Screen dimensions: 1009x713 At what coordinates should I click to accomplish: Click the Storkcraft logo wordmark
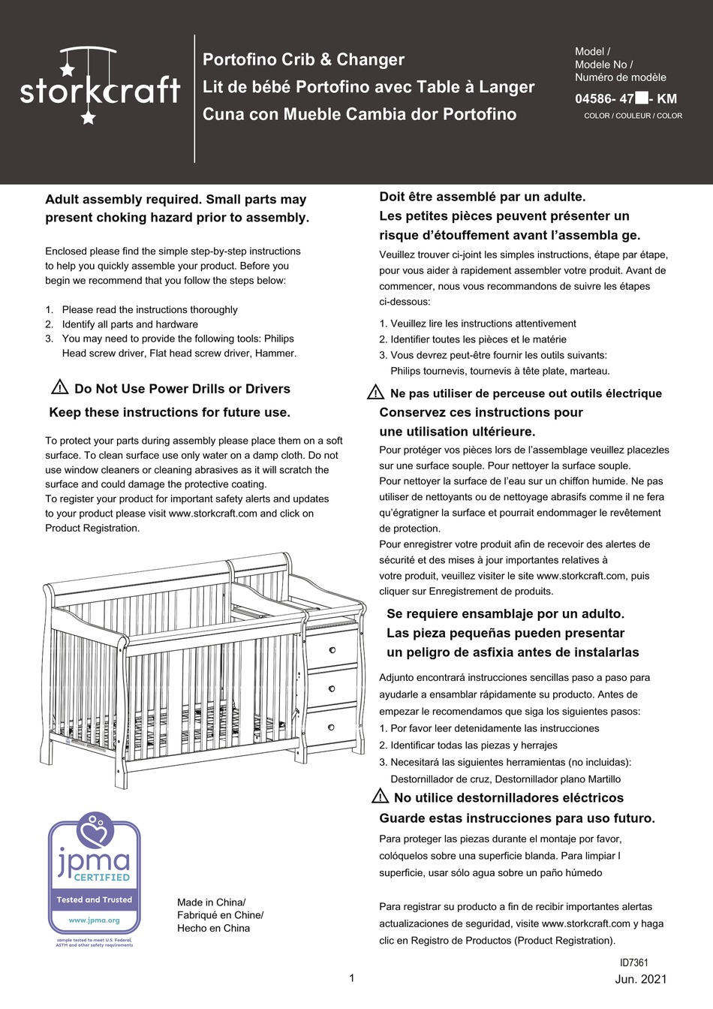pyautogui.click(x=100, y=91)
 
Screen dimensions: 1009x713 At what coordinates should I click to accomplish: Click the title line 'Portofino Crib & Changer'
pyautogui.click(x=303, y=60)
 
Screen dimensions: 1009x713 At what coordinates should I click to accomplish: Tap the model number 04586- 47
pyautogui.click(x=605, y=98)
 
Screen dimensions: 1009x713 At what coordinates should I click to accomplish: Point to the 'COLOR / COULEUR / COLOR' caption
pyautogui.click(x=633, y=116)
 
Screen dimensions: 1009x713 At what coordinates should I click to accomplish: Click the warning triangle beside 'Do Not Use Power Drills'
pyautogui.click(x=60, y=388)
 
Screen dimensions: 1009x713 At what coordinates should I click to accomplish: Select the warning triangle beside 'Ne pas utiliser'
pyautogui.click(x=375, y=393)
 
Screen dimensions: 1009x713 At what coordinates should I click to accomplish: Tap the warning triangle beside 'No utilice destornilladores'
pyautogui.click(x=380, y=797)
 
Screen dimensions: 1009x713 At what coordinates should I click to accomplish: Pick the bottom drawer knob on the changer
pyautogui.click(x=331, y=727)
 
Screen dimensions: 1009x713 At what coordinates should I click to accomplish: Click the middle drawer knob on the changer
pyautogui.click(x=332, y=688)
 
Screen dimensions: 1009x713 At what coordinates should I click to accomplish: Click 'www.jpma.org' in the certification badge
pyautogui.click(x=94, y=920)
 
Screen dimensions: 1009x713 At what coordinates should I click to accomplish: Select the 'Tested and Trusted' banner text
pyautogui.click(x=94, y=899)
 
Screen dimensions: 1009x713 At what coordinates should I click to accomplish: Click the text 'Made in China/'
pyautogui.click(x=211, y=902)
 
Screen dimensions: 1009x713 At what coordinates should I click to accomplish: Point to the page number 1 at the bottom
pyautogui.click(x=352, y=977)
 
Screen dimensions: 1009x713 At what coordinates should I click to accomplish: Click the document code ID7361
pyautogui.click(x=634, y=962)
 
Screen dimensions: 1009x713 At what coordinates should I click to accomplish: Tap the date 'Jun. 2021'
pyautogui.click(x=640, y=979)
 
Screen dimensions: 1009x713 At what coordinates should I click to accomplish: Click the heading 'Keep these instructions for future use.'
pyautogui.click(x=170, y=412)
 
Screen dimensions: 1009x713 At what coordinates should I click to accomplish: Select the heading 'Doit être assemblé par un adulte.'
pyautogui.click(x=483, y=197)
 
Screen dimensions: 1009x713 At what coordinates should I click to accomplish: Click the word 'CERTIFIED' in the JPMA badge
pyautogui.click(x=102, y=877)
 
